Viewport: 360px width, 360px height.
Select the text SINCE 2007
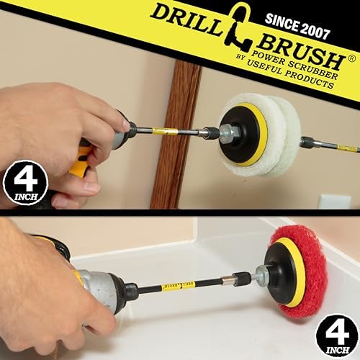point(297,27)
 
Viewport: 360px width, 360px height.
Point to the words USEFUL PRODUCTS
point(290,75)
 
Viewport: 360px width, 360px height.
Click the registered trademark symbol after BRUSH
point(352,59)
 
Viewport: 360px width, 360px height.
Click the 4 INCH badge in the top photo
point(25,182)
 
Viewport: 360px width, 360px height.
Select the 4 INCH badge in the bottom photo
point(337,336)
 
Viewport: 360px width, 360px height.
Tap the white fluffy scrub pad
point(261,135)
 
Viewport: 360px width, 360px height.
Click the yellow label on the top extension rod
point(165,131)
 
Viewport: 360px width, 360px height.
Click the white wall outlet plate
point(335,202)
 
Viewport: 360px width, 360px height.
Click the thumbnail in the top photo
point(125,124)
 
